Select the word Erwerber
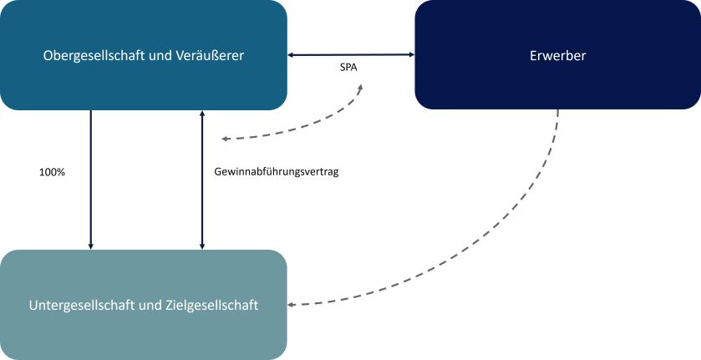557,56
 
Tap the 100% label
52,172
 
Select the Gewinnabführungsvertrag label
276,172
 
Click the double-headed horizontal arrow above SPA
351,55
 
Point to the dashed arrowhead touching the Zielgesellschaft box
292,305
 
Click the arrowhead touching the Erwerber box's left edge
411,55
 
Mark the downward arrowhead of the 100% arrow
90,246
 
